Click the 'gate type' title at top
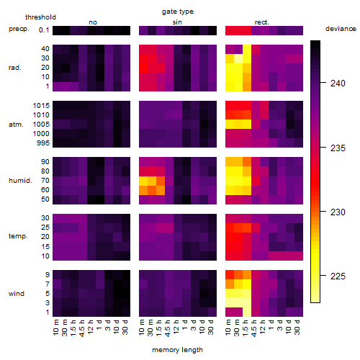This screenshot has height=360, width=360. tap(178, 12)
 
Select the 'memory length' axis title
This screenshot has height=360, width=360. tap(177, 350)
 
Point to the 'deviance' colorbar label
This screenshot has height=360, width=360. tap(341, 29)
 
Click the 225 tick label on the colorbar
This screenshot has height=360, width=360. tap(338, 276)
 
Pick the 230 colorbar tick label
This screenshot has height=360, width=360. tap(338, 212)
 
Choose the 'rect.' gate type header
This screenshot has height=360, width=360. tap(261, 22)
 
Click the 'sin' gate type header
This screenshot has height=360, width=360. tap(177, 22)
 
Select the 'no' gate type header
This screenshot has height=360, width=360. tap(93, 22)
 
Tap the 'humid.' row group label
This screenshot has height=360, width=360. tap(20, 181)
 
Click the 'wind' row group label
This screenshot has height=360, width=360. tap(17, 294)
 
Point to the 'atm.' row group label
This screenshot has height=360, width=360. tap(16, 125)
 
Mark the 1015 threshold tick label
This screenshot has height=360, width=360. tap(41, 106)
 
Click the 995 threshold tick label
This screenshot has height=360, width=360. tap(43, 143)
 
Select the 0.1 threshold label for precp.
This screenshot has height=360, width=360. tap(44, 30)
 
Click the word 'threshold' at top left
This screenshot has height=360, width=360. tap(40, 17)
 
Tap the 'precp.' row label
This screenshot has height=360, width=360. tap(19, 29)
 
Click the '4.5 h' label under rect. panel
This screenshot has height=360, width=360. tap(254, 328)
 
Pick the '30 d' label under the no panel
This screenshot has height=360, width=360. tap(125, 327)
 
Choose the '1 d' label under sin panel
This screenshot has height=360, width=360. tap(185, 325)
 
